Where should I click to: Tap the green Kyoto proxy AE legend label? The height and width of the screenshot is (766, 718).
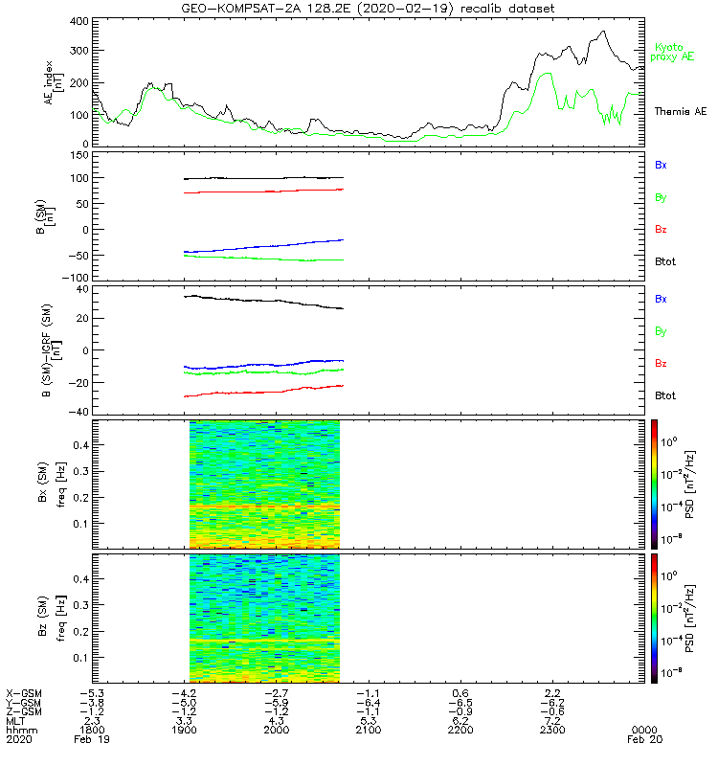click(x=675, y=53)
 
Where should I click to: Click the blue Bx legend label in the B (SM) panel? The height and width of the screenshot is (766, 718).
click(x=661, y=165)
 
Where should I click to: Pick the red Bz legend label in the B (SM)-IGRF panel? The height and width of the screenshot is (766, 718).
click(x=661, y=364)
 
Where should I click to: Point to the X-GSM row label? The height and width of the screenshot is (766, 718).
click(x=23, y=692)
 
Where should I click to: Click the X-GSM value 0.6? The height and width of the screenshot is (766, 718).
click(x=460, y=692)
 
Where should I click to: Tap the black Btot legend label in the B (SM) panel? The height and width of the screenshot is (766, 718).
click(x=663, y=261)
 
